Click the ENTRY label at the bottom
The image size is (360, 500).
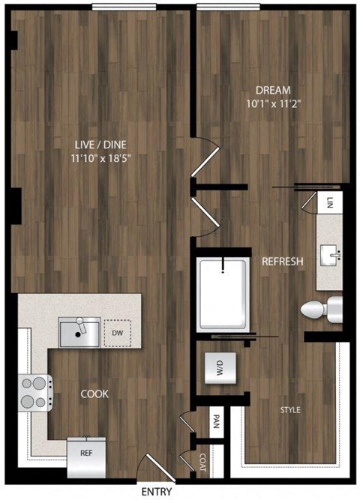(155, 491)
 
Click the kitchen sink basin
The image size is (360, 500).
(79, 332)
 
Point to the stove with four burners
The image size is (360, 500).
(34, 390)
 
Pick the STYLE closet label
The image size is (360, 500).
(291, 410)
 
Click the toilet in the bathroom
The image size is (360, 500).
(318, 308)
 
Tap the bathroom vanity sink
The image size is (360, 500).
(330, 255)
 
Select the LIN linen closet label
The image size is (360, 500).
(330, 202)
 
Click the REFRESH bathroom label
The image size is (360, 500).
(282, 262)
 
